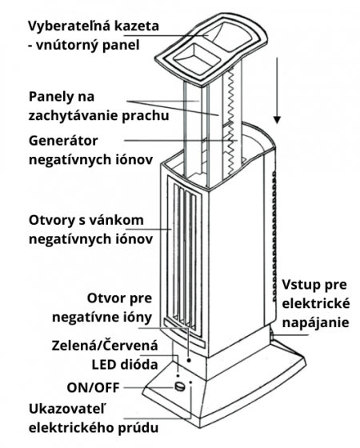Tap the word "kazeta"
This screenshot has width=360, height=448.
137,26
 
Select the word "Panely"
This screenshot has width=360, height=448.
51,97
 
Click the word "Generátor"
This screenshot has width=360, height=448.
63,141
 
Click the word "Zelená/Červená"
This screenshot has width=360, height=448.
105,345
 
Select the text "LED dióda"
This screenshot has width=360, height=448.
125,365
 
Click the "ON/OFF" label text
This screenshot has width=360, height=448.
93,388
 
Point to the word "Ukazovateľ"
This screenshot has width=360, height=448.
67,409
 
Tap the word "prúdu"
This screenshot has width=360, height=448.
138,428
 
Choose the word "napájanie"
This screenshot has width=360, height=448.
315,323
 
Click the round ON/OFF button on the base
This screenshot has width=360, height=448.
180,386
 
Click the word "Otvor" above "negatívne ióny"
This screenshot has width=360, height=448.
105,298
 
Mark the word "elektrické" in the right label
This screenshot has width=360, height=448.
316,303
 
